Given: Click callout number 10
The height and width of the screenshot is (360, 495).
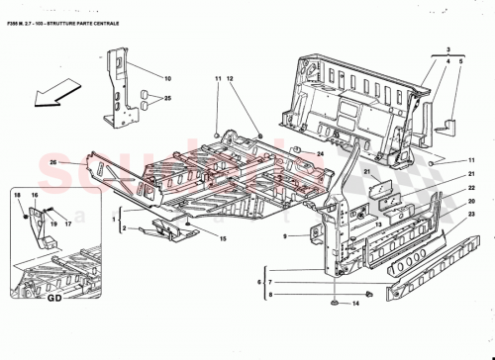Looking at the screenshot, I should [168, 77].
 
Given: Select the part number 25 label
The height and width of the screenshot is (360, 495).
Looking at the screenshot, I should [168, 99].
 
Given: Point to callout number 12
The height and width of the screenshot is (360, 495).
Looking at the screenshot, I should [230, 77].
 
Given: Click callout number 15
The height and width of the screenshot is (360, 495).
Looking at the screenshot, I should [223, 239].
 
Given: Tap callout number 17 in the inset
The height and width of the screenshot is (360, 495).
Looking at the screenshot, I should [68, 224].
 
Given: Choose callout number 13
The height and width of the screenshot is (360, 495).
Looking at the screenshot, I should [377, 226].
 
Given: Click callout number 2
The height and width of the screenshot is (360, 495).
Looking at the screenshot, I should [124, 228].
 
